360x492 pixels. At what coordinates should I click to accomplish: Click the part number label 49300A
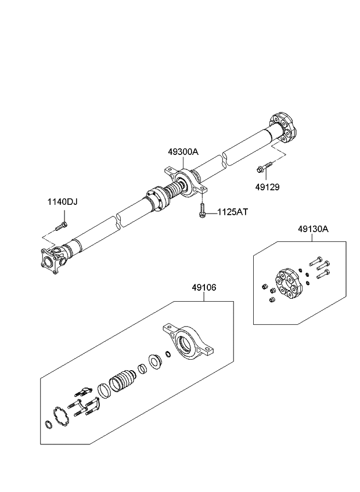183,152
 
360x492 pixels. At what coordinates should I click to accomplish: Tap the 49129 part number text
268,187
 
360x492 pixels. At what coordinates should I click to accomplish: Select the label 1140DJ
62,202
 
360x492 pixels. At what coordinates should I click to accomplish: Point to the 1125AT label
232,213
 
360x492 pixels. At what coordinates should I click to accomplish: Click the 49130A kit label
314,229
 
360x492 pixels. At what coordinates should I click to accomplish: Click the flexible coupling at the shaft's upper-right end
283,128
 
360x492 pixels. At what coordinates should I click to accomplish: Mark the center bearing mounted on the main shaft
185,185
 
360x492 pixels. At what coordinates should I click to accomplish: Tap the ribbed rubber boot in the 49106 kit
123,384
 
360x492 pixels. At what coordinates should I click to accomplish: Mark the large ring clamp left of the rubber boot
104,390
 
